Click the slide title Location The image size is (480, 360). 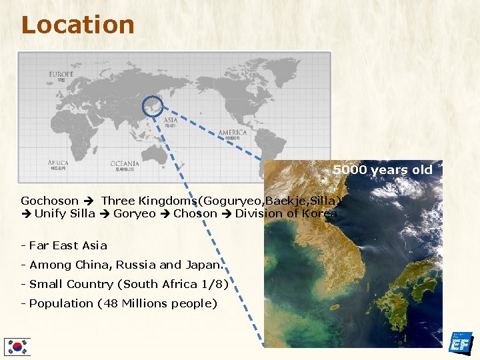point(77,25)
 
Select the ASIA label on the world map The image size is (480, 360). point(171,121)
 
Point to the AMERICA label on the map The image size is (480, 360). point(233,132)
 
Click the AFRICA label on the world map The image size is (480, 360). point(58,163)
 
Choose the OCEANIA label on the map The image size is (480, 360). point(125,163)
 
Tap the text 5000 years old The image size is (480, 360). point(383,169)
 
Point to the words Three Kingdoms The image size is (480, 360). point(152,201)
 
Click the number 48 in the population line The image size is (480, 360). point(110,303)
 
